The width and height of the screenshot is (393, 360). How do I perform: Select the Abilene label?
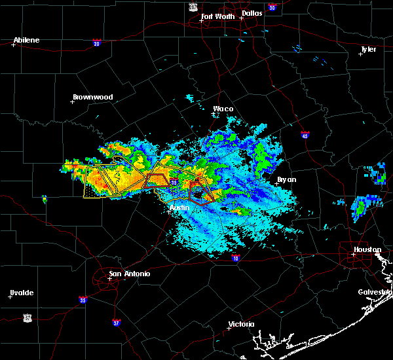coord(26,40)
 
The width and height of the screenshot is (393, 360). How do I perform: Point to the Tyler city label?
coord(369,50)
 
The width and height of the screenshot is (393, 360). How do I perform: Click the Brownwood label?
coord(92,97)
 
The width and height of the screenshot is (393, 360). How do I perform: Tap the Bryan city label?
coord(286,179)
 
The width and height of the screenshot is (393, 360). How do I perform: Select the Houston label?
coord(367,249)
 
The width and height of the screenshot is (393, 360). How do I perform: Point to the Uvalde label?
coord(21,293)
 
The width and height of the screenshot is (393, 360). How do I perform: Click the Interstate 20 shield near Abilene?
coord(96,43)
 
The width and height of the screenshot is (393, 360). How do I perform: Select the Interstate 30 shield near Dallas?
coord(272,7)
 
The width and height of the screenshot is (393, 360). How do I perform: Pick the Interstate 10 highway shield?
coord(236,259)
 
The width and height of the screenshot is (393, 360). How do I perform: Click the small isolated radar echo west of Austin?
coord(44,198)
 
